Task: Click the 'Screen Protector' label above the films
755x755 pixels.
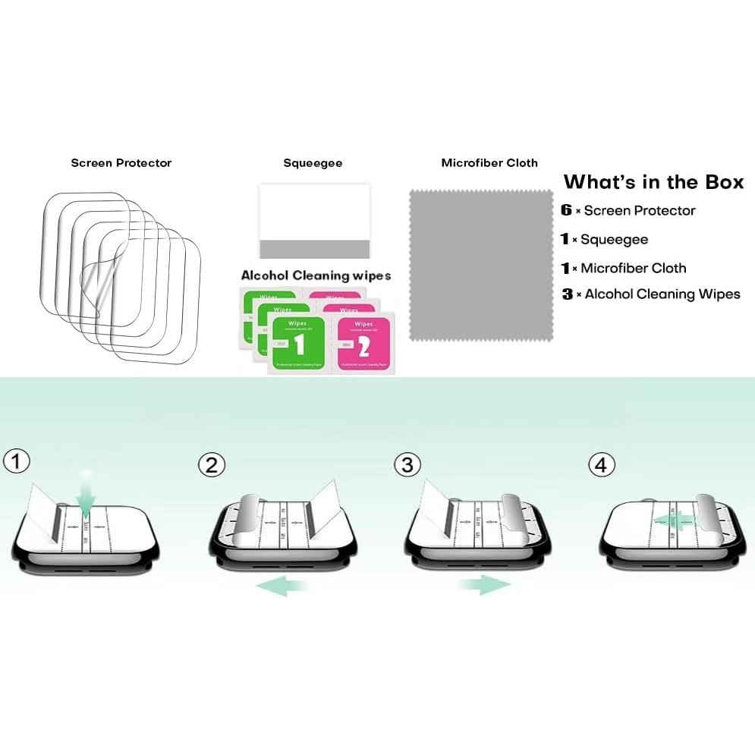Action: click(121, 163)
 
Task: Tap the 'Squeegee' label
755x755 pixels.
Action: click(313, 163)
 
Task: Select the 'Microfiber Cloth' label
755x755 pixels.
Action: click(489, 163)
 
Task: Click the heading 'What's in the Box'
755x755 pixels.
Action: click(653, 182)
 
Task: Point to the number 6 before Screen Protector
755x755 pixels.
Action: click(566, 211)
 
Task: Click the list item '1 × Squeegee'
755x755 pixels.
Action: click(605, 240)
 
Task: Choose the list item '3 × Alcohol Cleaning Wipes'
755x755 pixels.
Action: click(651, 294)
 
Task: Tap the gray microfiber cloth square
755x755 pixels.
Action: click(481, 264)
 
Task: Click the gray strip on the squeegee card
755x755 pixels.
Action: click(314, 249)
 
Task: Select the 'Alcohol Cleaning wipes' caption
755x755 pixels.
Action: click(316, 275)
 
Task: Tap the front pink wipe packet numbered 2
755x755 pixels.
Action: click(361, 345)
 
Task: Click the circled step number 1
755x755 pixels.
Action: click(16, 461)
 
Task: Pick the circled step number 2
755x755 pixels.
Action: click(212, 464)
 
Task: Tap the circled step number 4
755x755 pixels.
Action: click(602, 464)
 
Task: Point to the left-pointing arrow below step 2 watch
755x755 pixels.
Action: click(282, 585)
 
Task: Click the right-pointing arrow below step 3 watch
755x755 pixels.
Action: click(484, 585)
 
